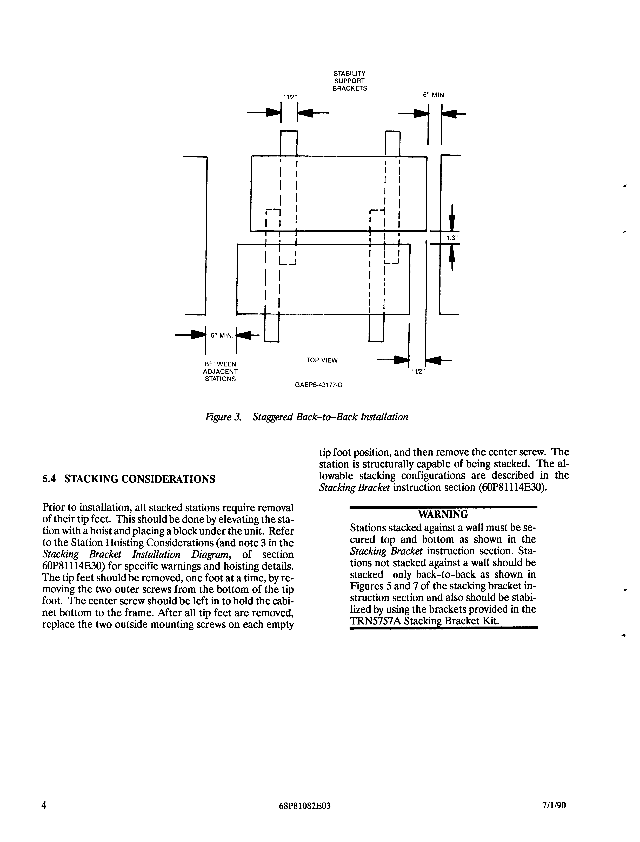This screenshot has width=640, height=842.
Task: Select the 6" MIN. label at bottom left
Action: pyautogui.click(x=222, y=336)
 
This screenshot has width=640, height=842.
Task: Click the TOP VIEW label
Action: pyautogui.click(x=322, y=360)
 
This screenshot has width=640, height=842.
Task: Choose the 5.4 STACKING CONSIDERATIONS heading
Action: pyautogui.click(x=129, y=479)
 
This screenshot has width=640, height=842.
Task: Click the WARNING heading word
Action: pyautogui.click(x=443, y=514)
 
